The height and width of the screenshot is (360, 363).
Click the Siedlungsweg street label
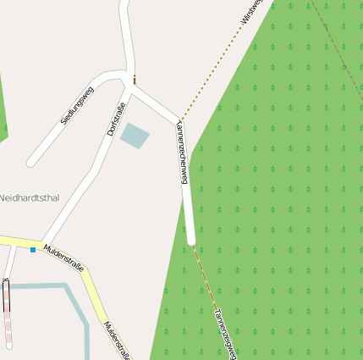tap(77, 105)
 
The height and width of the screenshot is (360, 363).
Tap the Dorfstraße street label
tap(116, 119)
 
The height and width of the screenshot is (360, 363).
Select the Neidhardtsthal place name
tap(28, 197)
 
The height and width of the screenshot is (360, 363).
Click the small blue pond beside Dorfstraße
tap(135, 135)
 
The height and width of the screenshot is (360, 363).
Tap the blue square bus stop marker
tap(33, 249)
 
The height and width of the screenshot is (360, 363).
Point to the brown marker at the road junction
tap(134, 80)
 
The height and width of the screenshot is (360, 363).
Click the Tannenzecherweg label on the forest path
tap(223, 333)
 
